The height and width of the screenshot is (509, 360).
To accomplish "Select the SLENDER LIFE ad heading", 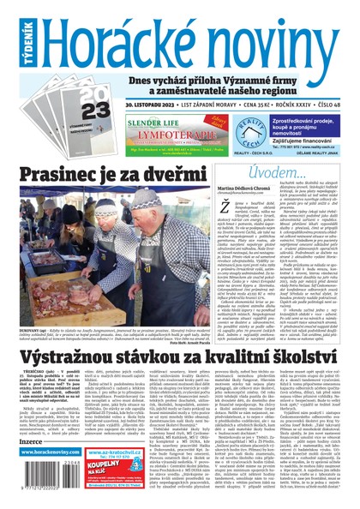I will coord(155,123).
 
